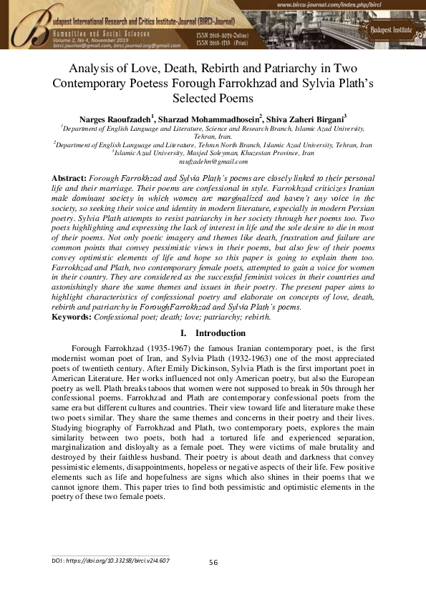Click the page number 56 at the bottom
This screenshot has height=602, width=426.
(x=213, y=563)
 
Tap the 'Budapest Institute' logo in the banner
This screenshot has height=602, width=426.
(x=389, y=29)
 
